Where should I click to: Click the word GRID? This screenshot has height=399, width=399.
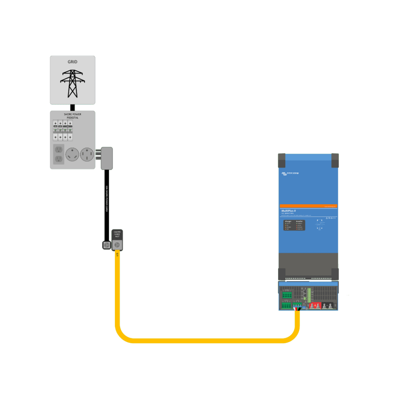72,62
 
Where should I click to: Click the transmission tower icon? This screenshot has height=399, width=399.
72,83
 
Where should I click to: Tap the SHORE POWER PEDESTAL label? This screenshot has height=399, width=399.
72,115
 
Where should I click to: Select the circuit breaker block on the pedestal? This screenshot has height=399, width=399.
63,131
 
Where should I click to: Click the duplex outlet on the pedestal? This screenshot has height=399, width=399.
58,154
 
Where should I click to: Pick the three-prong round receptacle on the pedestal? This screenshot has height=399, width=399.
72,155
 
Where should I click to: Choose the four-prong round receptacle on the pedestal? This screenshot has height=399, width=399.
87,155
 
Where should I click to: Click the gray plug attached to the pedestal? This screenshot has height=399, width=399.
106,158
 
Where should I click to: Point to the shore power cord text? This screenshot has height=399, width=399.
107,199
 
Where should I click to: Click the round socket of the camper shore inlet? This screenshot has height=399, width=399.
117,245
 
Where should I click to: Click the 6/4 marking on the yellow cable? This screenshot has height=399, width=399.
117,255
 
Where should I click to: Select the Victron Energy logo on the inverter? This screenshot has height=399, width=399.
290,173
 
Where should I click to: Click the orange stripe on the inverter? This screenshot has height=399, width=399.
308,206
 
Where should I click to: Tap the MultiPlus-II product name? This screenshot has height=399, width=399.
289,211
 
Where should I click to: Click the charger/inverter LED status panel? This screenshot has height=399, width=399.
294,225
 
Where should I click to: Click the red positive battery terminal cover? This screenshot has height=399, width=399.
315,306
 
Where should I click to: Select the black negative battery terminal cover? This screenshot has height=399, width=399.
329,306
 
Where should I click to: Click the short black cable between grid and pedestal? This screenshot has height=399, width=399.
72,108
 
